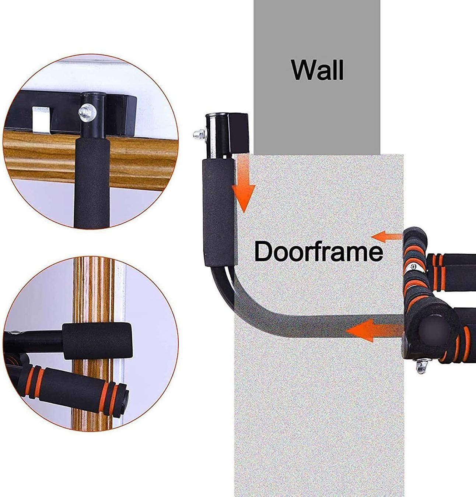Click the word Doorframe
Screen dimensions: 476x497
pos(319,251)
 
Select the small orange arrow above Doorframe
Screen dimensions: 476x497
pos(386,236)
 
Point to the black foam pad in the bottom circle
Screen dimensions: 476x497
pos(97,341)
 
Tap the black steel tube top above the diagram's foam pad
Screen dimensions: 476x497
pos(216,135)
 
